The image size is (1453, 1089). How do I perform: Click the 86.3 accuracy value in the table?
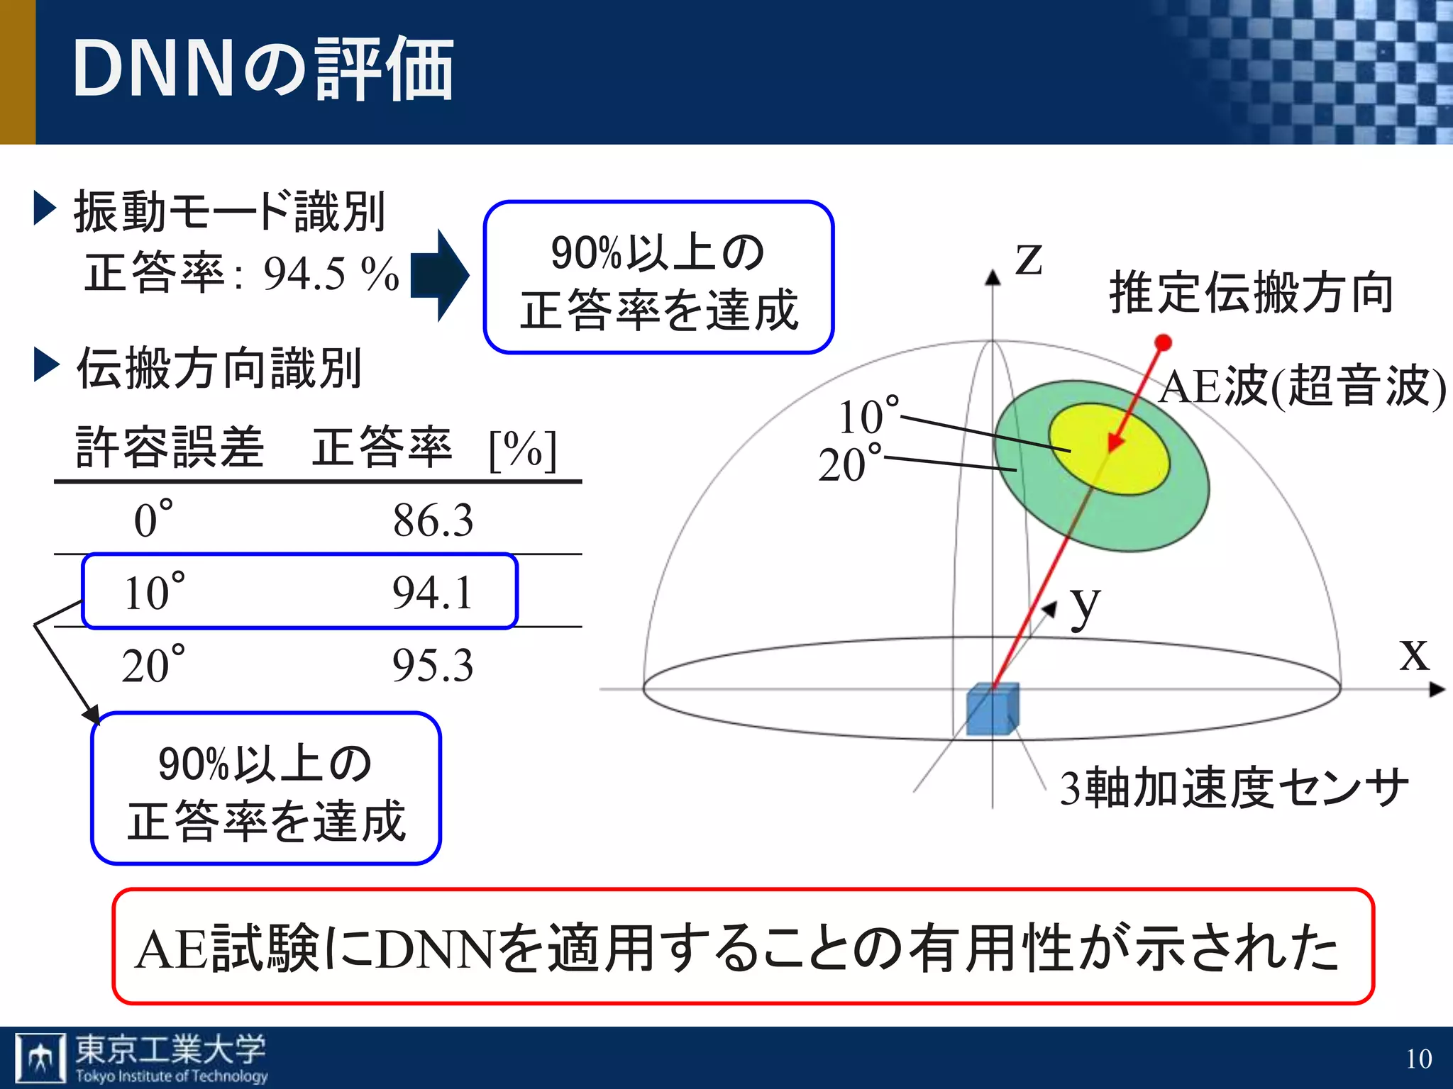[x=433, y=520]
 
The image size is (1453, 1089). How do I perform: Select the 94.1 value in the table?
[x=433, y=593]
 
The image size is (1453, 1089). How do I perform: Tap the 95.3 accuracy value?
[x=433, y=666]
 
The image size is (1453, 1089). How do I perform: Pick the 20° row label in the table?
[x=153, y=664]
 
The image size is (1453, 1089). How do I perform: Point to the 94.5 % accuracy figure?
[x=331, y=274]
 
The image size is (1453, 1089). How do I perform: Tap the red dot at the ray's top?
[x=1163, y=343]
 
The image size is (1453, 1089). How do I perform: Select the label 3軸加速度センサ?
[x=1234, y=788]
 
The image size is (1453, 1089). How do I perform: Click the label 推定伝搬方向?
[x=1252, y=292]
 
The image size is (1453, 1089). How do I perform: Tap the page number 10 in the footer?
[x=1419, y=1059]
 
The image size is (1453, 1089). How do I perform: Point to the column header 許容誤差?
[x=170, y=447]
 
